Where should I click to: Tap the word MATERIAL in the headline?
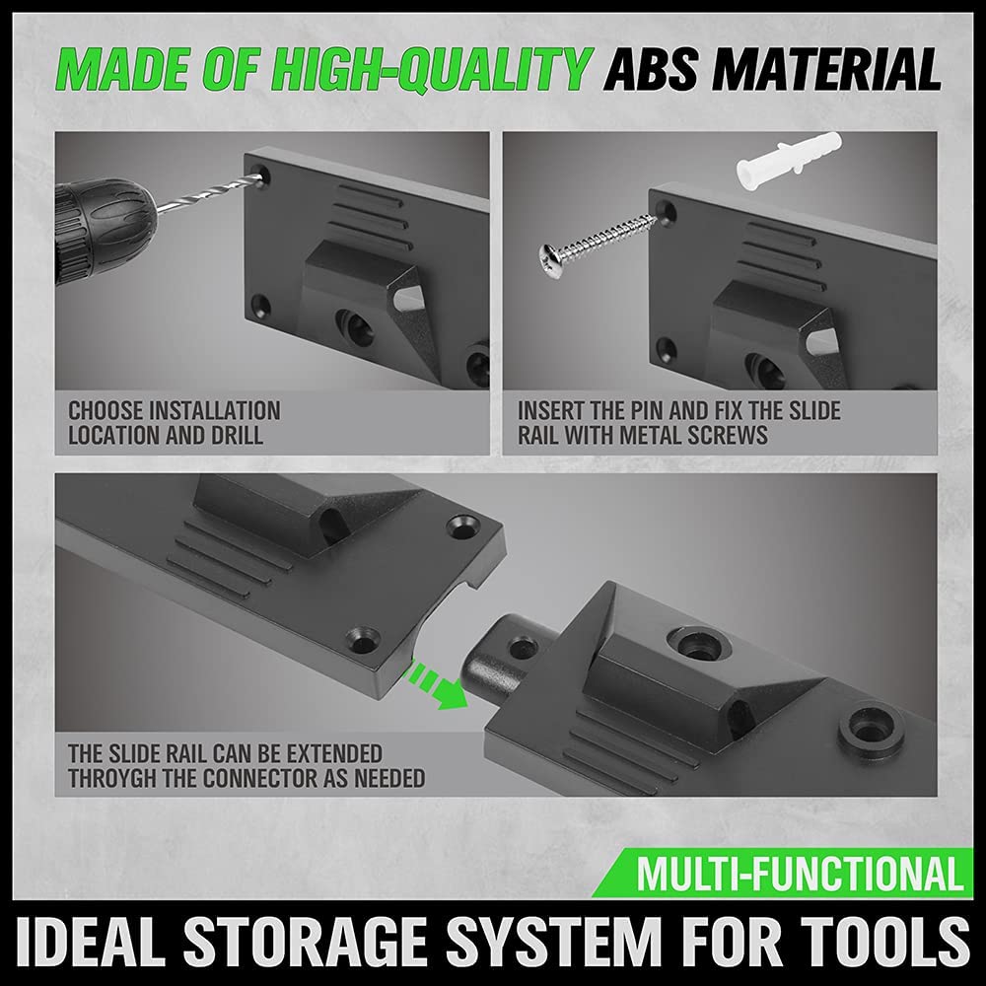click(x=830, y=71)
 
